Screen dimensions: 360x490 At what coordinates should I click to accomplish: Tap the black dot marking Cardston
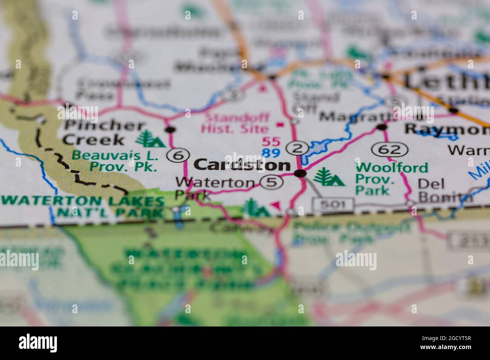coord(300,173)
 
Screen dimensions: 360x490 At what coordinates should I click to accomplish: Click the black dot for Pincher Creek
coord(171,130)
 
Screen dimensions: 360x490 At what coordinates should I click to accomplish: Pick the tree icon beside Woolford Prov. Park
coord(329,177)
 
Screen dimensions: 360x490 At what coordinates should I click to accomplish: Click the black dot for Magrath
coord(382,127)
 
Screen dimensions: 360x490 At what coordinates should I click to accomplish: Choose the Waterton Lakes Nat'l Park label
coord(83,206)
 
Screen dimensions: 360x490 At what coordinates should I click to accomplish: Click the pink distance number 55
coord(271,142)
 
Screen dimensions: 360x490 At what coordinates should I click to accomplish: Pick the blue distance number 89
coord(271,153)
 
